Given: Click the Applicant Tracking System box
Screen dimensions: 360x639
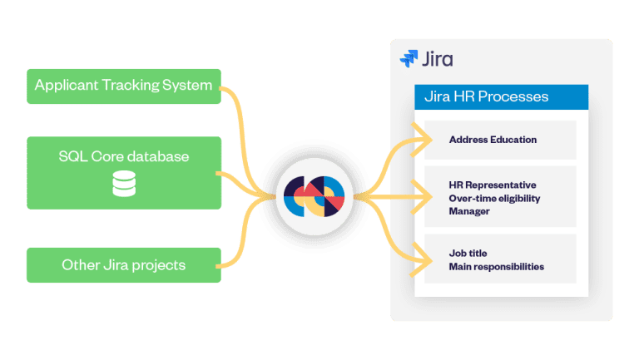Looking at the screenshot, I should [124, 86].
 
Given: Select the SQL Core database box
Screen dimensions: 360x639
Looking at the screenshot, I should [124, 172].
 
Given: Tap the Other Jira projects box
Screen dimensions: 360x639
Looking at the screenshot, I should [124, 265].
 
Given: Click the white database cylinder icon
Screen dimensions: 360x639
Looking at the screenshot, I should [124, 185].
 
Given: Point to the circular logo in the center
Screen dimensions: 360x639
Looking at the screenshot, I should [314, 196].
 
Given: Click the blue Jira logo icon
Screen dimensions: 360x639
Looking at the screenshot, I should [409, 59].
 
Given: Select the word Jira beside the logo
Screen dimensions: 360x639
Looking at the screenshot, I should [438, 60].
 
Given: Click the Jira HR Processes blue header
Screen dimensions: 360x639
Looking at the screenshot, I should [501, 96].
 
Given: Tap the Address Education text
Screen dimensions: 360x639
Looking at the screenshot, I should [493, 140].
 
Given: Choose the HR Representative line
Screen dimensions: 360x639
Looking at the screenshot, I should [493, 184].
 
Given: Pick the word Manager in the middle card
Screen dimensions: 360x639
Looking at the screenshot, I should [469, 211].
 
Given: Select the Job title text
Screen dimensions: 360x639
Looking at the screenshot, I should [468, 253].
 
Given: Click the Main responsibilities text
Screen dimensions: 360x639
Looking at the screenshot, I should [496, 267].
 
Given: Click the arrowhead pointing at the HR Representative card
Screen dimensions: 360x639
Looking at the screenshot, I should [425, 197].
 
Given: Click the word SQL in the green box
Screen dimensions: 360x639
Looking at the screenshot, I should [71, 156].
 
